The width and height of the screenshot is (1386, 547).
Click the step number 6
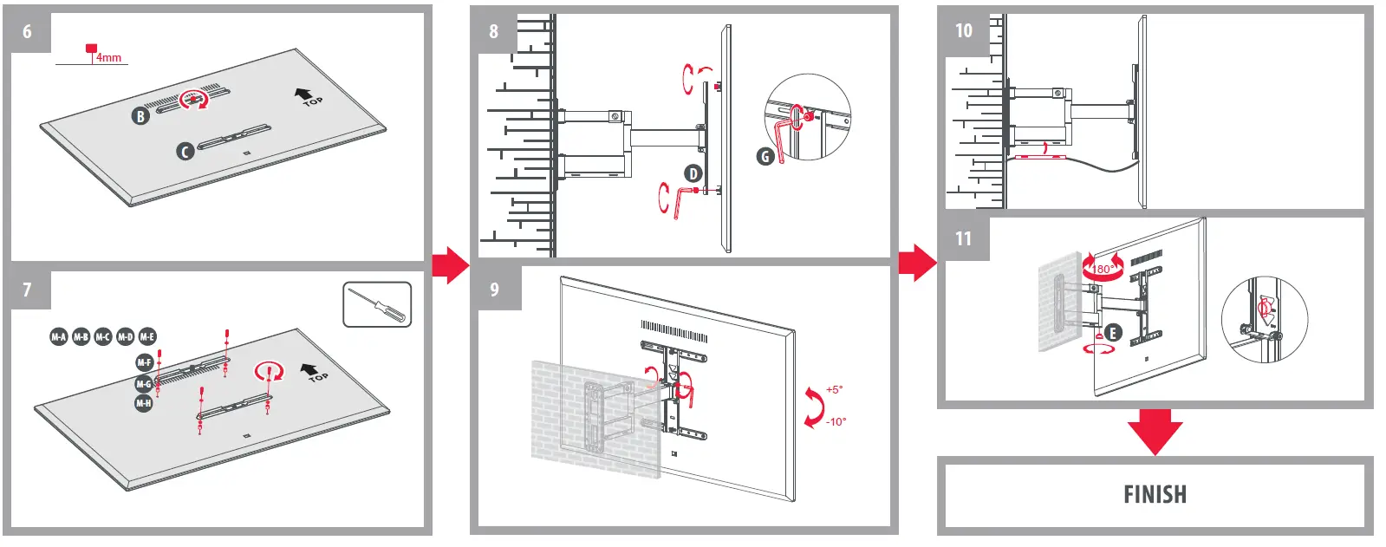27,31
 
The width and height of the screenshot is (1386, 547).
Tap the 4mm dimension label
108,57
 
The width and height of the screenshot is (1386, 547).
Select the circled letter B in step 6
141,115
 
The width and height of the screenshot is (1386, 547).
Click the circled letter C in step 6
185,151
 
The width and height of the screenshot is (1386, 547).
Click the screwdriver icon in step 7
377,304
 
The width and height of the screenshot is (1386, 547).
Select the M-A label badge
58,336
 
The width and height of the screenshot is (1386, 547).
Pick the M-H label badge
144,403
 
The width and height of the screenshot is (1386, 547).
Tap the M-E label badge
147,336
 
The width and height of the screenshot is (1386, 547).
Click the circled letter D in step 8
693,173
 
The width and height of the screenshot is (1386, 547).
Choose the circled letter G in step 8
765,156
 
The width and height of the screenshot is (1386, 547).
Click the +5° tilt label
834,390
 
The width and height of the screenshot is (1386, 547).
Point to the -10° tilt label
836,421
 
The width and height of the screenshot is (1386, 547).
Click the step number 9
494,289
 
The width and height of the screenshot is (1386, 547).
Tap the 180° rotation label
1102,269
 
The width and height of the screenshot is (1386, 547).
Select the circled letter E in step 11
1113,332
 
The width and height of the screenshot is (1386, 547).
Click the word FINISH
1155,494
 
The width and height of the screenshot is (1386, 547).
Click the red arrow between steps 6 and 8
450,264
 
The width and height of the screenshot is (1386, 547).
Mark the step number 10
964,31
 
